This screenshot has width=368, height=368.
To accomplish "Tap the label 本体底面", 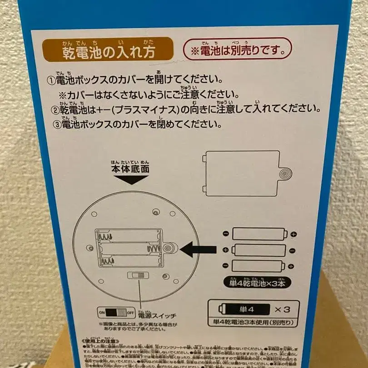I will point(130,168).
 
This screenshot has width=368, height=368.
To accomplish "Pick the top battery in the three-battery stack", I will point(259,234).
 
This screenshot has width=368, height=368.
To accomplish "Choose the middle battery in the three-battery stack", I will point(259,250).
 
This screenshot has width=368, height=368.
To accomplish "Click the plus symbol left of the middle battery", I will point(225,250).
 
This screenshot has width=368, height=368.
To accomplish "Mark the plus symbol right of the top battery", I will point(293,234).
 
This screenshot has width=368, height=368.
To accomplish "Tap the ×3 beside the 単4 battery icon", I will point(281,309).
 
